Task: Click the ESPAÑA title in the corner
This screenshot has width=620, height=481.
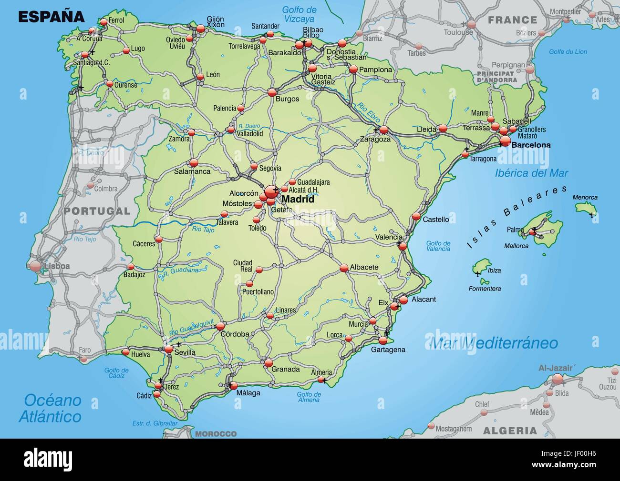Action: (x=51, y=17)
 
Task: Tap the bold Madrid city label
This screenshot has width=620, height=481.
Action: (x=298, y=199)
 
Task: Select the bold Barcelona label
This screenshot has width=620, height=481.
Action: (x=530, y=145)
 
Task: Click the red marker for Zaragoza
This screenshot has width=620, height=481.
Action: (x=384, y=130)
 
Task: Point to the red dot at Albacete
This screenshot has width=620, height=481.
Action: (x=344, y=268)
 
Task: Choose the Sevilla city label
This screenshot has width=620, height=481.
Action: (x=185, y=353)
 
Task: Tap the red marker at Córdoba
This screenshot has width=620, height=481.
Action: (x=220, y=326)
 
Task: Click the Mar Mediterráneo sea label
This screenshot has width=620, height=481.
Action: (x=494, y=343)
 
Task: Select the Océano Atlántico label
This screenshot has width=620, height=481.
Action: (x=50, y=408)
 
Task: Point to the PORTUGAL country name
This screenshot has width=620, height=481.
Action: (x=97, y=210)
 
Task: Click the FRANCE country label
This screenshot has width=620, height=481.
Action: (x=512, y=20)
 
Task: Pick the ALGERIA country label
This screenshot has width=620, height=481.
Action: (x=510, y=431)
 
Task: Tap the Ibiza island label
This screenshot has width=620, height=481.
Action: (x=494, y=270)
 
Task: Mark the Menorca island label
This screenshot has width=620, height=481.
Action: (x=585, y=197)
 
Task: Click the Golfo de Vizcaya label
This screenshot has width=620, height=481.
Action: (x=299, y=14)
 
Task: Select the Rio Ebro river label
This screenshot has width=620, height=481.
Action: (x=368, y=114)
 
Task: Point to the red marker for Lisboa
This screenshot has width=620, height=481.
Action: (x=36, y=266)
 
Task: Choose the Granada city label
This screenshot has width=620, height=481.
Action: (x=285, y=369)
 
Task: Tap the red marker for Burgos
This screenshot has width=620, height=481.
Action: (x=272, y=92)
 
